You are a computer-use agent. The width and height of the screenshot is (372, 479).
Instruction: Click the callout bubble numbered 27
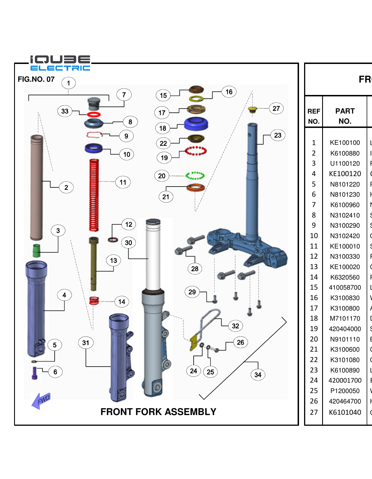tap(276, 108)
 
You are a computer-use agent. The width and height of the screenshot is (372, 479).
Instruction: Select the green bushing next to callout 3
tap(36, 250)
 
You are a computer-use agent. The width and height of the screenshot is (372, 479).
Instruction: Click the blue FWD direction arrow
tap(41, 400)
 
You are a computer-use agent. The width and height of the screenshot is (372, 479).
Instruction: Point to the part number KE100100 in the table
tap(345, 143)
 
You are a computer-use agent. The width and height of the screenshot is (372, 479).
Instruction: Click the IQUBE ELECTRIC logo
tap(60, 63)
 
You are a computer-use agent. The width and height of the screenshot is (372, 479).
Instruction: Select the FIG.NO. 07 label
tap(36, 79)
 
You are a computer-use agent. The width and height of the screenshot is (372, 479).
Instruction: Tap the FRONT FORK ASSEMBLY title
tap(158, 412)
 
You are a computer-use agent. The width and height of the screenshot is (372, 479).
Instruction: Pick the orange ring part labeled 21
tap(196, 187)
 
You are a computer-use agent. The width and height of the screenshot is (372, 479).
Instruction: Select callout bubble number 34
tap(258, 375)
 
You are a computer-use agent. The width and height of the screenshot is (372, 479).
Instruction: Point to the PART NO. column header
tap(345, 116)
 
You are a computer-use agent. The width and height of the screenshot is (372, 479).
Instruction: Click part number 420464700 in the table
tap(345, 401)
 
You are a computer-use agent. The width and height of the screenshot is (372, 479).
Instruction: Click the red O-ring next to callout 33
tap(94, 114)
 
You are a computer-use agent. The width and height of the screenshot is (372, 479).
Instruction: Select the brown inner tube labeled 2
tap(37, 187)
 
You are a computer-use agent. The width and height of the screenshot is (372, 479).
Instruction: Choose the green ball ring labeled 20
tap(195, 176)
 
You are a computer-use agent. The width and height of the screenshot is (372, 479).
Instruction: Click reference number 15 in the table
tap(314, 287)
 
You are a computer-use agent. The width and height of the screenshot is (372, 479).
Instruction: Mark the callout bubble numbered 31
tap(86, 343)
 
